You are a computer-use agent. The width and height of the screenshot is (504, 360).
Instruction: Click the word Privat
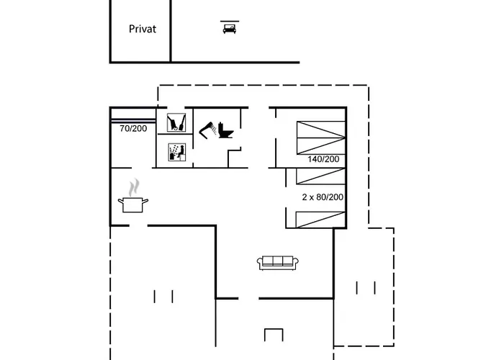(x=143, y=30)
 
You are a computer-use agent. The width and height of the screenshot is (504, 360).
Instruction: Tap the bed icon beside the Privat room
(x=229, y=28)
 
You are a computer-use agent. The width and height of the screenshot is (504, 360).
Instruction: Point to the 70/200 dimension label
(x=132, y=129)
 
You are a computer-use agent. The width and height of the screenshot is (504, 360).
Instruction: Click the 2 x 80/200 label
(x=323, y=196)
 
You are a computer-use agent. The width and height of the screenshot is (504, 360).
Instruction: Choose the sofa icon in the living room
(x=277, y=263)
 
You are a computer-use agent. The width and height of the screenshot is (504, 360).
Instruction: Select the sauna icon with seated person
(x=176, y=152)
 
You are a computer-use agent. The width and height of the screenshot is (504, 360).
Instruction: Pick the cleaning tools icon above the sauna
(x=175, y=123)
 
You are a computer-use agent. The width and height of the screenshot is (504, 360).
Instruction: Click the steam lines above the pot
(x=133, y=186)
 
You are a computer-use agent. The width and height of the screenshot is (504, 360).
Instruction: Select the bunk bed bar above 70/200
(x=133, y=120)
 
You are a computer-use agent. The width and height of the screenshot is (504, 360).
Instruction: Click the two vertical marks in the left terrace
(x=163, y=295)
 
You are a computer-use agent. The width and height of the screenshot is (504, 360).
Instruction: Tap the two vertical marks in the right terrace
(x=366, y=288)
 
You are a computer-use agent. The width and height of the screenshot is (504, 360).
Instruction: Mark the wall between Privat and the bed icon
(x=171, y=31)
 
